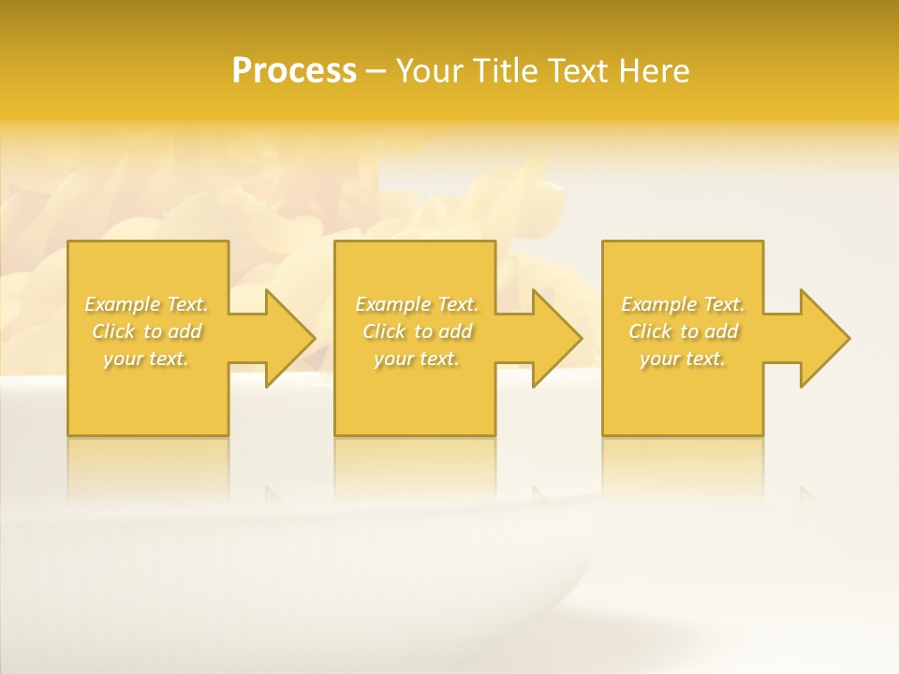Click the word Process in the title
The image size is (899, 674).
point(294,71)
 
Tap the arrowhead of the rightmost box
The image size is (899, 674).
point(823,338)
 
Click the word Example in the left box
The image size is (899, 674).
point(123,304)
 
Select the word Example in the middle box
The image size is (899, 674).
point(392,304)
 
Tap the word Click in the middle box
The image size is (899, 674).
point(383,331)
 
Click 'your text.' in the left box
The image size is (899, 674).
point(146,359)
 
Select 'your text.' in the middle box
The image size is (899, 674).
point(416,359)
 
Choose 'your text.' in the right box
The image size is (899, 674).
point(683,359)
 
